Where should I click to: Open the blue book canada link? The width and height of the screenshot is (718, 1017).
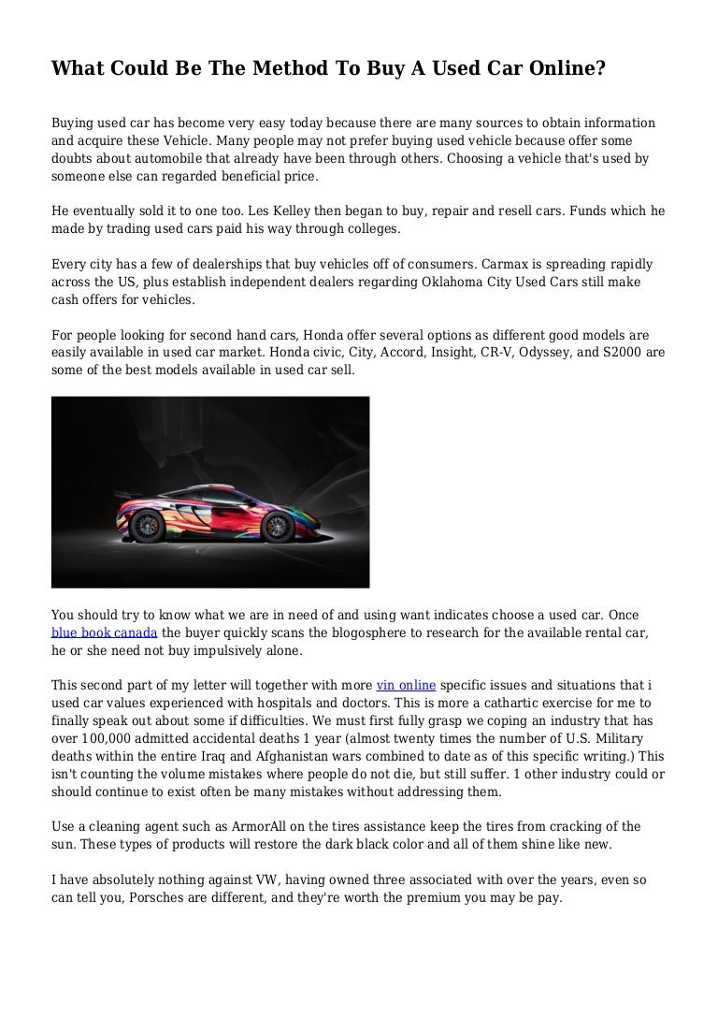104,632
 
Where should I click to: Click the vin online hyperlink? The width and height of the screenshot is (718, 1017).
406,684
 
